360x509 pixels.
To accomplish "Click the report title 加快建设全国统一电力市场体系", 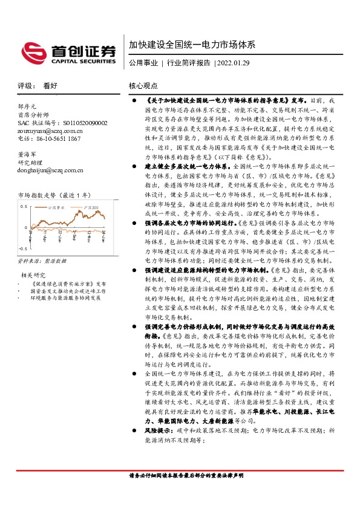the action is [192, 45].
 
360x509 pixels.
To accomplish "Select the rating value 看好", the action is [50, 86].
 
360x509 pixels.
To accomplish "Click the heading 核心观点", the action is [143, 86].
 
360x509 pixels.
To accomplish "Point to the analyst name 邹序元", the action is [28, 106].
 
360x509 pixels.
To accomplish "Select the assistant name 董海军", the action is [28, 155].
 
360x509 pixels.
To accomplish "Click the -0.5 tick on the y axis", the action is [22, 248].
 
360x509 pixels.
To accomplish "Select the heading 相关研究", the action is [30, 276].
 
